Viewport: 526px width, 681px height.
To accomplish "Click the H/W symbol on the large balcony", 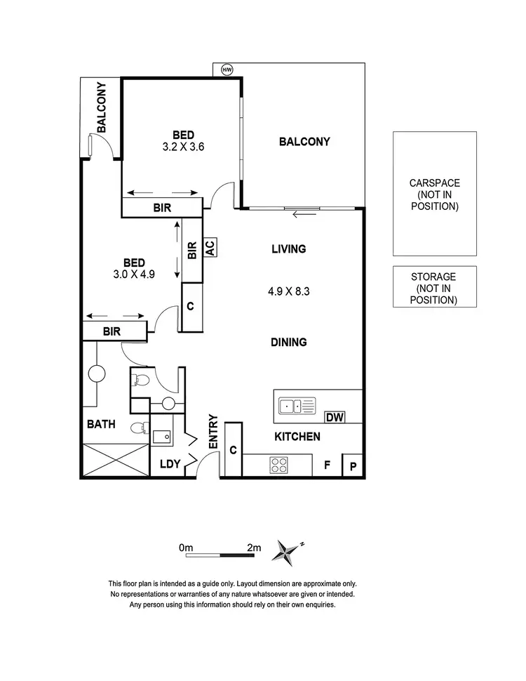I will [x=227, y=70].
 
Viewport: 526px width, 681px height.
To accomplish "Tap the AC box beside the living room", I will [x=209, y=247].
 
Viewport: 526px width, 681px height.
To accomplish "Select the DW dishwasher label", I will [x=335, y=418].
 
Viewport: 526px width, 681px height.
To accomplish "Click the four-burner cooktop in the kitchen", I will [x=279, y=465].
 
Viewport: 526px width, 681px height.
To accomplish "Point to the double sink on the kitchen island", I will [x=296, y=406].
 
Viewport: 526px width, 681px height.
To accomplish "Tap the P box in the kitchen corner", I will [x=352, y=465].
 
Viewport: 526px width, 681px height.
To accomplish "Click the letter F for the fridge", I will [x=327, y=465].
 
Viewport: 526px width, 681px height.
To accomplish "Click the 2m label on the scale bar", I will [x=253, y=547].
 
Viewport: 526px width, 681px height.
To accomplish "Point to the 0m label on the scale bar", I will [x=186, y=547].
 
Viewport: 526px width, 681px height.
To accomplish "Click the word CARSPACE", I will [x=435, y=183].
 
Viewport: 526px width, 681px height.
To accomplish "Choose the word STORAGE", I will [x=434, y=277].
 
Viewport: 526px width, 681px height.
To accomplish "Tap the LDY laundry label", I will [x=170, y=464].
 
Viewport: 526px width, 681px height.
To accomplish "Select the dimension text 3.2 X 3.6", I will [x=182, y=147].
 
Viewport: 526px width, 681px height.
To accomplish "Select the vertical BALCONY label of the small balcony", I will [x=102, y=107].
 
